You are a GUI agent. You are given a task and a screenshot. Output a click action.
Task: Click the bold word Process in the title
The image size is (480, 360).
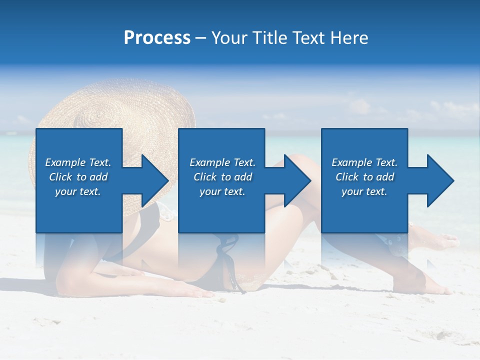click(x=157, y=38)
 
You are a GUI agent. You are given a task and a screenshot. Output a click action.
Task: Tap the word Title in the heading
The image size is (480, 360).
click(x=270, y=38)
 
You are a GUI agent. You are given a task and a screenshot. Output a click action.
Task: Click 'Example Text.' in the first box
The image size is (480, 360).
click(x=78, y=162)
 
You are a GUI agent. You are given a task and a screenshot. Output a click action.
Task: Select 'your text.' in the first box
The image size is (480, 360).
click(x=78, y=191)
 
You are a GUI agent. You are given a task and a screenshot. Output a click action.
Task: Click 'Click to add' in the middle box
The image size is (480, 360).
click(x=222, y=177)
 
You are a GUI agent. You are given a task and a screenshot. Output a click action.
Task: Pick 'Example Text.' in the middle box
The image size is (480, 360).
click(x=222, y=162)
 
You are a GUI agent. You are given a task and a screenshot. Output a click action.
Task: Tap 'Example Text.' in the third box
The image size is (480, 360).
click(x=364, y=162)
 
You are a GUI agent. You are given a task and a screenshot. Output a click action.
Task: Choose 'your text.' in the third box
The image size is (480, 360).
click(x=364, y=191)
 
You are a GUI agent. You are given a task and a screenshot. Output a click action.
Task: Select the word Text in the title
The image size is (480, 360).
click(x=309, y=38)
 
